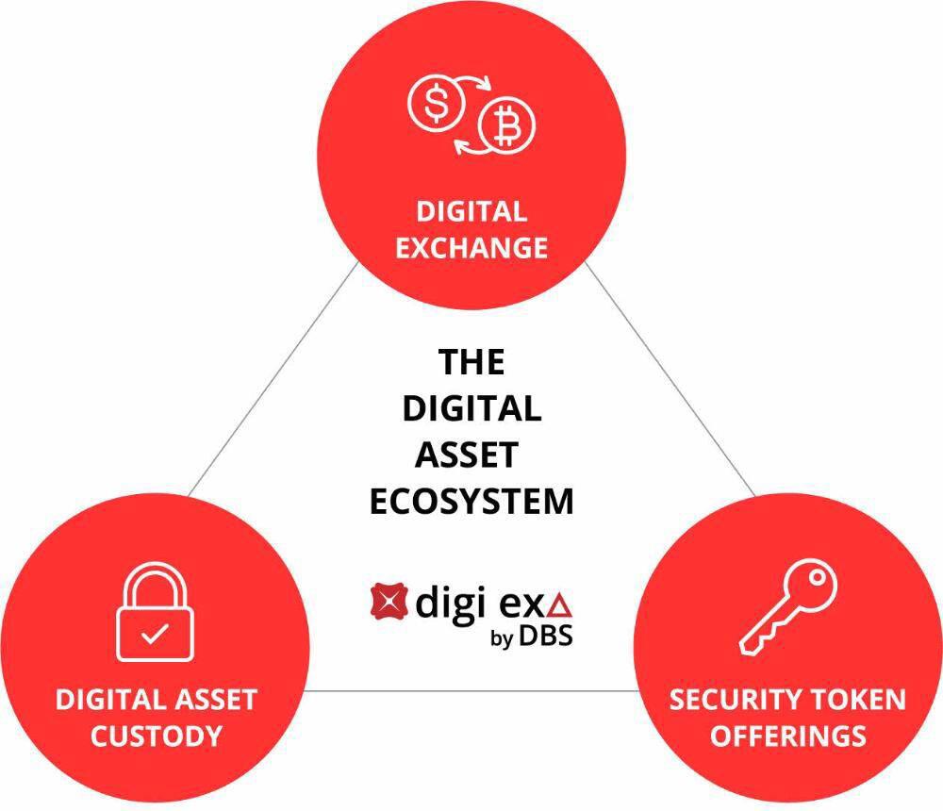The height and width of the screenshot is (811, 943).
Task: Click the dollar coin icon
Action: (436, 104)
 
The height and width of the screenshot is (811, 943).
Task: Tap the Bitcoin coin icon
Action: (506, 125)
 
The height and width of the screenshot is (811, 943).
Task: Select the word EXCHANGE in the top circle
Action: (471, 248)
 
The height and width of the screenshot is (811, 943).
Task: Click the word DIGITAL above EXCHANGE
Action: (471, 212)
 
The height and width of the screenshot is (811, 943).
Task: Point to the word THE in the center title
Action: (471, 361)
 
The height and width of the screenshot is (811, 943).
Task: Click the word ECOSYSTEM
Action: (471, 501)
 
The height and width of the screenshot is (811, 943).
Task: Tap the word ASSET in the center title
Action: (467, 455)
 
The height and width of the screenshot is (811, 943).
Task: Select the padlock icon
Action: (155, 612)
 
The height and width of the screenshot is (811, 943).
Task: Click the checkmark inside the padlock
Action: (155, 634)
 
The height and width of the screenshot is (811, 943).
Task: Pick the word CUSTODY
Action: (157, 736)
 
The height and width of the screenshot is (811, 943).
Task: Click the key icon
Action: (787, 606)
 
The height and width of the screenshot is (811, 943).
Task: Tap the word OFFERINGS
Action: (787, 736)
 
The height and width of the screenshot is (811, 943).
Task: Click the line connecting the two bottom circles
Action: (471, 690)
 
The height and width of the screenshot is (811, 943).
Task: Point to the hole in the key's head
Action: (816, 577)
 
